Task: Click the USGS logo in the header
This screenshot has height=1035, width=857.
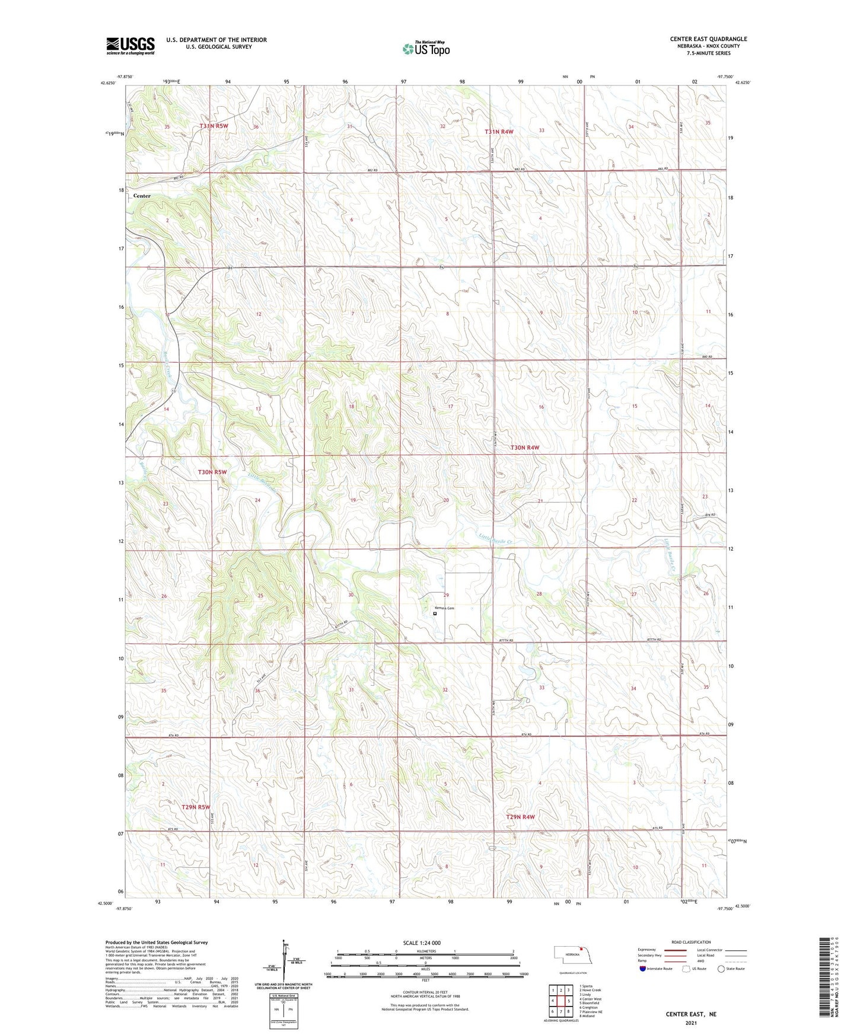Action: (130, 45)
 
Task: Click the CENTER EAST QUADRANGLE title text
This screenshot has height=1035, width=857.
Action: (708, 39)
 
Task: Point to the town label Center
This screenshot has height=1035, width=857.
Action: (142, 196)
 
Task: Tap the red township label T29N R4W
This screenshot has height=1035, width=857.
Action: (520, 817)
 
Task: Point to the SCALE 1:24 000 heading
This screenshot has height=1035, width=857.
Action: (422, 943)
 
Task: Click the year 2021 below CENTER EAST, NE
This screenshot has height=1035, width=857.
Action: (691, 1023)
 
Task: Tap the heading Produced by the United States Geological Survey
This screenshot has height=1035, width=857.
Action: (156, 942)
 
